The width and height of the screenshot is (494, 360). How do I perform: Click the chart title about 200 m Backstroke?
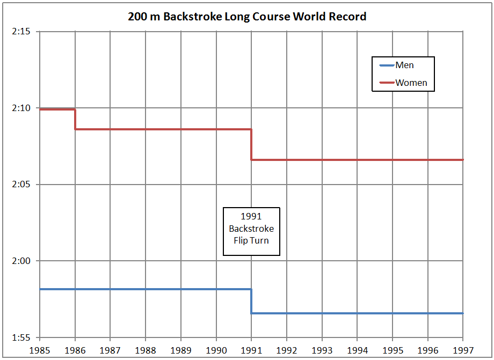point(247,17)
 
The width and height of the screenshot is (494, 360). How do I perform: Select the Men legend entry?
point(404,65)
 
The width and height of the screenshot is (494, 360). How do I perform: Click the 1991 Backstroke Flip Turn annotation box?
point(251,231)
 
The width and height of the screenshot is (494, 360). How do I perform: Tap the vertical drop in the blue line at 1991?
point(251,301)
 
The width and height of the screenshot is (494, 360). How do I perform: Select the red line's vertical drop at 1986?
point(75,119)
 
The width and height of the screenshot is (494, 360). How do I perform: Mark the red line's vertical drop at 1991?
point(251,144)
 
